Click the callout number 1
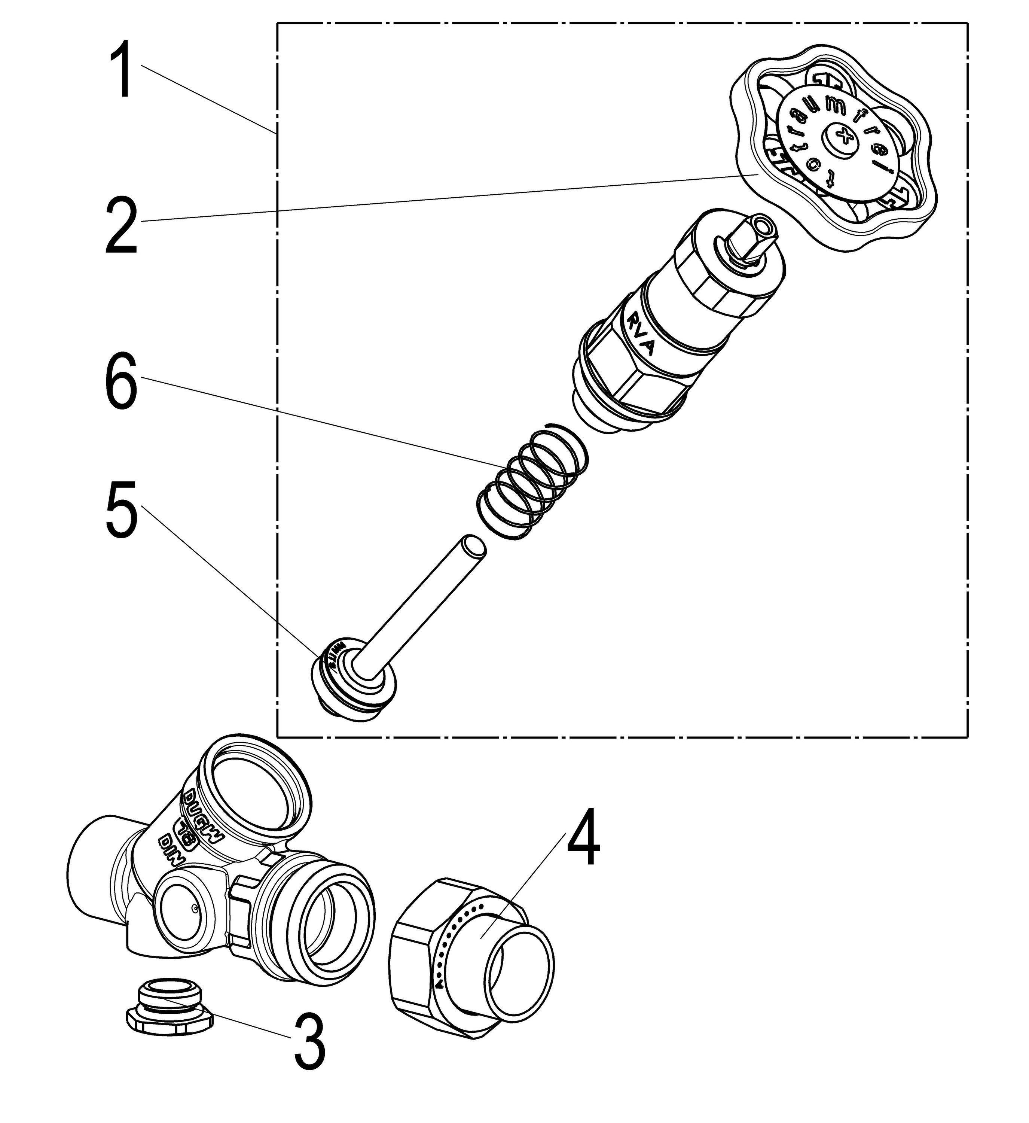coord(121,71)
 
